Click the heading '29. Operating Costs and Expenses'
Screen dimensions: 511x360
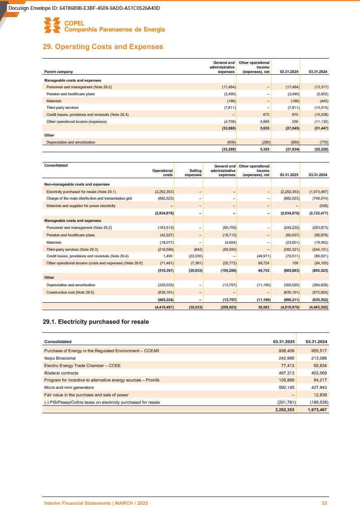pyautogui.click(x=103, y=47)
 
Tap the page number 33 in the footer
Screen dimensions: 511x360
pyautogui.click(x=325, y=503)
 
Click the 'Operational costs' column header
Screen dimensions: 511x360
pyautogui.click(x=162, y=172)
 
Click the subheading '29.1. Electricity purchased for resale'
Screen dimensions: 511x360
pyautogui.click(x=96, y=321)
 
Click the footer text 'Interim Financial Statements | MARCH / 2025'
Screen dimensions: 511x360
pyautogui.click(x=96, y=503)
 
